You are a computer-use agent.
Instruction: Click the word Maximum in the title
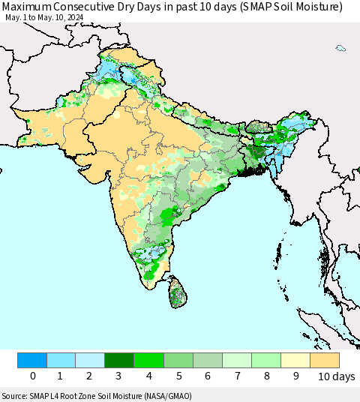pos(28,7)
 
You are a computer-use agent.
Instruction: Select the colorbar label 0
pos(32,376)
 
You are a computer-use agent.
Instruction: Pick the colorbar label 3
pos(120,376)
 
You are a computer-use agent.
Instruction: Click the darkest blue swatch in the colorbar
pos(32,360)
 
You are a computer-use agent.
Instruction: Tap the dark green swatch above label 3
pos(120,360)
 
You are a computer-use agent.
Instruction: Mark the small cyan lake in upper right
pos(340,49)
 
